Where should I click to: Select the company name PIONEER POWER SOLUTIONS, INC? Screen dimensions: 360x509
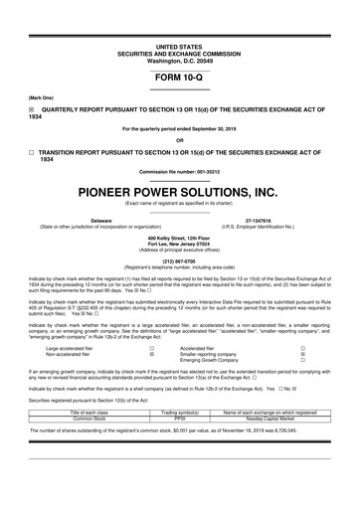coord(179,190)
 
